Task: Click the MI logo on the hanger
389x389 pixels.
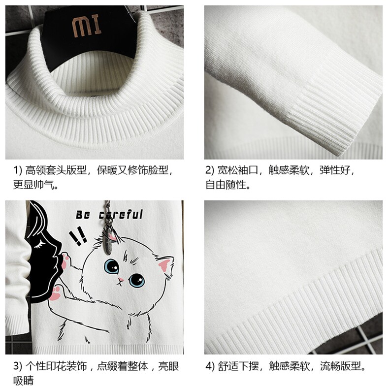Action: pyautogui.click(x=87, y=25)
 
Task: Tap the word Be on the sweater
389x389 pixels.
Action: pyautogui.click(x=83, y=215)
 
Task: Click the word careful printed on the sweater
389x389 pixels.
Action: pyautogui.click(x=121, y=214)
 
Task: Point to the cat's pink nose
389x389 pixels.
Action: pyautogui.click(x=121, y=280)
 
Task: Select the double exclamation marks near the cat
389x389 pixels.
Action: pyautogui.click(x=78, y=236)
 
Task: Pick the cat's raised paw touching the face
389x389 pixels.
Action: pyautogui.click(x=65, y=261)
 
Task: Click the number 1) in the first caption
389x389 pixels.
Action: pyautogui.click(x=18, y=170)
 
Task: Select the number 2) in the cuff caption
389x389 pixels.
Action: pyautogui.click(x=210, y=170)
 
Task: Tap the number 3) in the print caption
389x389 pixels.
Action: pyautogui.click(x=18, y=366)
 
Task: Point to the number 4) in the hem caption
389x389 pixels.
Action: pyautogui.click(x=210, y=366)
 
